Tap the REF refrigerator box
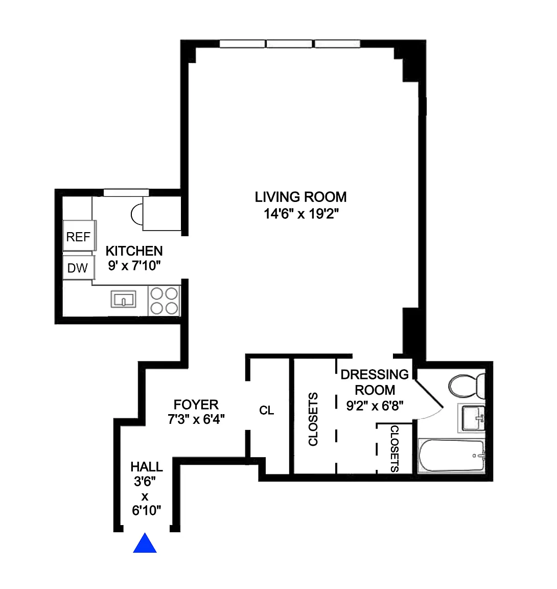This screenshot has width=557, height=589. coord(79,236)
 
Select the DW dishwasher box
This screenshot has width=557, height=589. coord(79,268)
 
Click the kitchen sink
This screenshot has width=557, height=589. coord(123,300)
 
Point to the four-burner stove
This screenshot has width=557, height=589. coord(164,301)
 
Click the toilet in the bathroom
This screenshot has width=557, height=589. coord(467,386)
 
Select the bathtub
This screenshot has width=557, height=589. coord(452,455)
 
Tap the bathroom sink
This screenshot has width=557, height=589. coord(472,418)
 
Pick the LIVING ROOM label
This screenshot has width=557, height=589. coord(300,197)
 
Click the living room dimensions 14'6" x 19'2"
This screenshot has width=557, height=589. coord(301,214)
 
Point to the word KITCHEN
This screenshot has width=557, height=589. coord(134,251)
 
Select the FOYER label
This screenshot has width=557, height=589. coord(196,404)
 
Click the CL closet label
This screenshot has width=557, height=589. coord(266,410)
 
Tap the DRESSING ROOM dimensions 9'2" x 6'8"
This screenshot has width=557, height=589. coord(375,405)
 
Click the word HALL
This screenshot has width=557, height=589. coord(146,466)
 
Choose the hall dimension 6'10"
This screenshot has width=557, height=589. coord(146,510)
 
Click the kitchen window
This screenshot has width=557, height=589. coord(126,193)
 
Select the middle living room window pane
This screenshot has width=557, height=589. coord(289,43)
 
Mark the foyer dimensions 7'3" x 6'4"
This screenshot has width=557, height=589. coord(196,419)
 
